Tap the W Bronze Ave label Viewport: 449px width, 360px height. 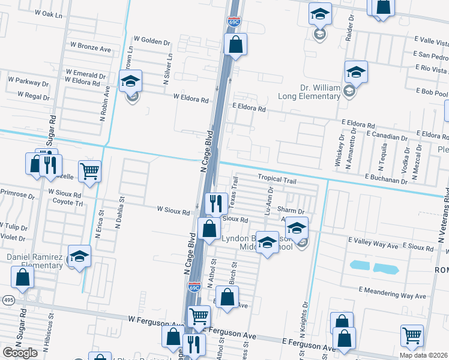point(91,45)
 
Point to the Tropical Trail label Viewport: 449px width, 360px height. point(278,178)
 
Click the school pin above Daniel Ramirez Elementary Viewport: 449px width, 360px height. point(79,256)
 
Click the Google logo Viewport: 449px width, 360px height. point(20,352)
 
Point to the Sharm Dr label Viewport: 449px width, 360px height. point(292,211)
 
